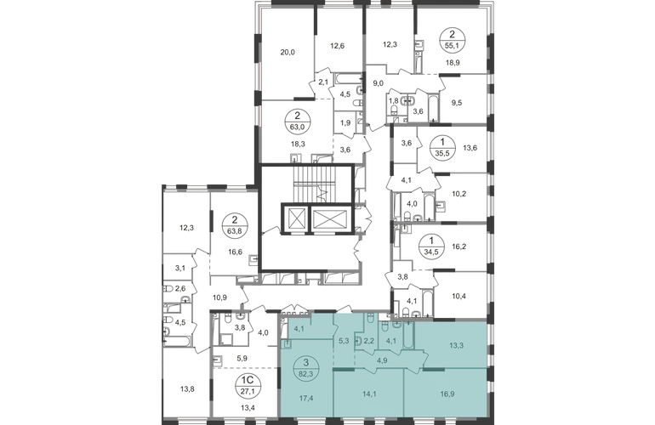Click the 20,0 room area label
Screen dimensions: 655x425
(288, 52)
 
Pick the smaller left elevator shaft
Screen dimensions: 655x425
(294, 218)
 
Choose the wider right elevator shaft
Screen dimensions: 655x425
(329, 218)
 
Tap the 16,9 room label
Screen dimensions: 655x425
(447, 393)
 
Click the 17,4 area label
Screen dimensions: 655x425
(306, 399)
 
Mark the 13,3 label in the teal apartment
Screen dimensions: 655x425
(456, 345)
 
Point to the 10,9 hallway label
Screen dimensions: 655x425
(219, 297)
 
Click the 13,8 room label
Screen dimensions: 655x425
(187, 389)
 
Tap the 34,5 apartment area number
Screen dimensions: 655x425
(431, 252)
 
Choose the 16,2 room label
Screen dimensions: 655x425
(459, 246)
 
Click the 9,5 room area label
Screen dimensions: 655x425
(457, 102)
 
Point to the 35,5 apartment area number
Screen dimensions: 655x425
(437, 152)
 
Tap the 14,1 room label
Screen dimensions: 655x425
(370, 393)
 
